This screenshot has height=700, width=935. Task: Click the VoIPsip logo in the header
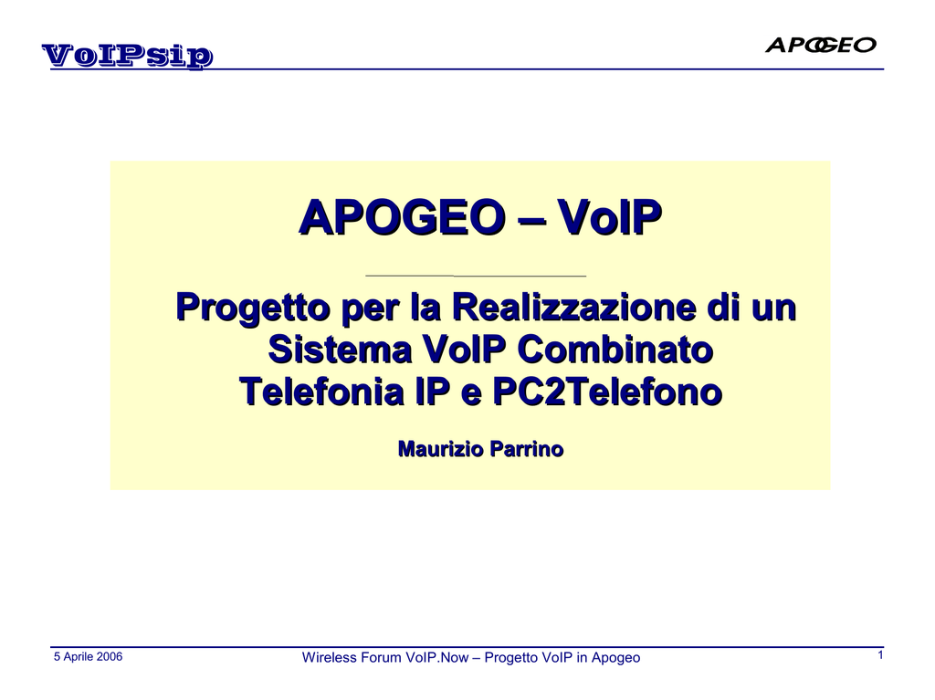coord(127,56)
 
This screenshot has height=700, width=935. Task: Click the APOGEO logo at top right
coord(821,45)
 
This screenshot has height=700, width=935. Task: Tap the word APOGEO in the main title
coord(403,216)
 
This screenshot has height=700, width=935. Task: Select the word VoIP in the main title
coord(609,216)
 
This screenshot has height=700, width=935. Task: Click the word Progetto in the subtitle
coord(254,308)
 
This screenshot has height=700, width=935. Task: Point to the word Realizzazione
coord(573,307)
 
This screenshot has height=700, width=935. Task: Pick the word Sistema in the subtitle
coord(340,350)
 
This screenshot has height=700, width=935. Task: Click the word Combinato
coord(615,350)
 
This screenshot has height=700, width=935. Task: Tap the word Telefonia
coord(321,392)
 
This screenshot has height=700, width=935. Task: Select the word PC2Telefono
coord(607,392)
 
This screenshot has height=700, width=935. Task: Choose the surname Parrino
coord(521,449)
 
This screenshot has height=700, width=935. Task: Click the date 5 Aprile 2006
coord(89,656)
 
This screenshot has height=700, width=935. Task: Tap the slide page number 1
coord(880,655)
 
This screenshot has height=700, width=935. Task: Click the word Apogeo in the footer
coord(615,658)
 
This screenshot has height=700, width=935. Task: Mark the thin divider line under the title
coord(475,276)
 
